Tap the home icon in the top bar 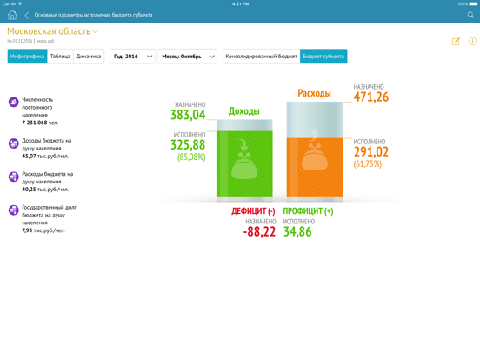tap(12, 15)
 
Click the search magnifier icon tap(470, 15)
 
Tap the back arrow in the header tap(27, 15)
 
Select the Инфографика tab tap(27, 57)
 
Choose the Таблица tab tap(60, 57)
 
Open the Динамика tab tap(89, 57)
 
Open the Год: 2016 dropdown tap(132, 57)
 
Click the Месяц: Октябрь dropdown tap(188, 57)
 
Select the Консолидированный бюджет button tap(261, 57)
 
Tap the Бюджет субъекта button tap(323, 57)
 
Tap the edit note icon tap(456, 41)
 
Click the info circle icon tap(472, 41)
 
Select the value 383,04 tap(188, 115)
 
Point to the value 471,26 tap(370, 97)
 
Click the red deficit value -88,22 tap(259, 232)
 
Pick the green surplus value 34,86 tap(297, 232)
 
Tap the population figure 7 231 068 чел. tap(40, 123)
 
